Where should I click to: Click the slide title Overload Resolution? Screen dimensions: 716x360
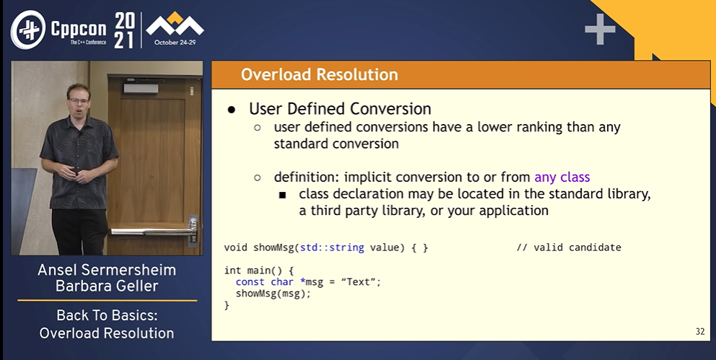(x=319, y=74)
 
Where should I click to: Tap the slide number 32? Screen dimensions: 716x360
(x=700, y=332)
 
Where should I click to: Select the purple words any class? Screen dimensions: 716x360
(x=562, y=177)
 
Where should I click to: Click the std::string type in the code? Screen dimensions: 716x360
(x=332, y=247)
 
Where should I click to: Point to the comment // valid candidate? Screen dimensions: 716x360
(x=569, y=247)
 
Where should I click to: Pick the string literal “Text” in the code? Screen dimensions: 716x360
(x=361, y=281)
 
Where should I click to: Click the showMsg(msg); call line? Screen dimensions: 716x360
(x=273, y=294)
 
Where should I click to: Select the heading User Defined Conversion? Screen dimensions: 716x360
(x=340, y=109)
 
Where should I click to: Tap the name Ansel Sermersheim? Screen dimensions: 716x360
(x=107, y=270)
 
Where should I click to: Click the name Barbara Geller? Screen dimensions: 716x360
(x=107, y=286)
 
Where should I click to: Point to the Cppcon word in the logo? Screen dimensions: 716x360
(x=79, y=30)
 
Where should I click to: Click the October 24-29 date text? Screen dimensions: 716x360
(x=175, y=43)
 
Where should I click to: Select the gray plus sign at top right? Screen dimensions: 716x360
(x=600, y=29)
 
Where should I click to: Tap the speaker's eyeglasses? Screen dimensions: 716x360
(x=78, y=100)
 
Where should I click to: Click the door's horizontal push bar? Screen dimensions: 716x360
(x=153, y=232)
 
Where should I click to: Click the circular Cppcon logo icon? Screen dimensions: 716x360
(x=28, y=30)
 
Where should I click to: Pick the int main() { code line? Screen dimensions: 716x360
(x=259, y=271)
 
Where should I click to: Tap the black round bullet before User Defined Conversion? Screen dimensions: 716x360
(x=232, y=110)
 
